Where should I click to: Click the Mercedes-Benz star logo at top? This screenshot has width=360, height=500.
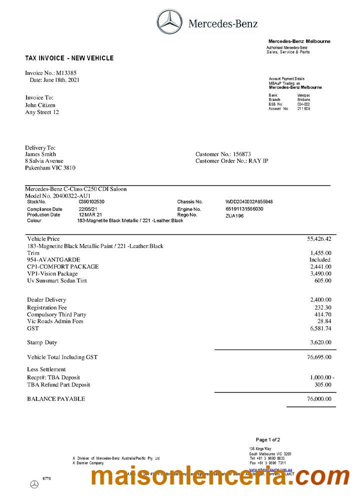(170, 22)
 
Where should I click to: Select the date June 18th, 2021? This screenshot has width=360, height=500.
(61, 80)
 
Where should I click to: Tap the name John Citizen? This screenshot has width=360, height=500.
(40, 105)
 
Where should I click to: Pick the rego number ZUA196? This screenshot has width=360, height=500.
(234, 215)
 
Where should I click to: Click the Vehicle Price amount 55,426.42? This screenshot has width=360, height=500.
(319, 239)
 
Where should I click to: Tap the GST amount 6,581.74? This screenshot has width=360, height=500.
(320, 328)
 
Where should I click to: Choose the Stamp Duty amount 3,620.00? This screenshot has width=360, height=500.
(320, 343)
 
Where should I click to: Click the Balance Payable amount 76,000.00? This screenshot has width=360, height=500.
(318, 399)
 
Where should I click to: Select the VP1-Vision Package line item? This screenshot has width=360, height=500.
(52, 274)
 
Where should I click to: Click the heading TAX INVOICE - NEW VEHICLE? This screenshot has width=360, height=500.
(69, 58)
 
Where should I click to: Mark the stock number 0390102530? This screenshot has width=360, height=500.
(92, 201)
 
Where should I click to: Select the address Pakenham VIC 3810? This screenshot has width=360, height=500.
(50, 168)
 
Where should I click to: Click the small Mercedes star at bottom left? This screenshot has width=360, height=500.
(34, 484)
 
